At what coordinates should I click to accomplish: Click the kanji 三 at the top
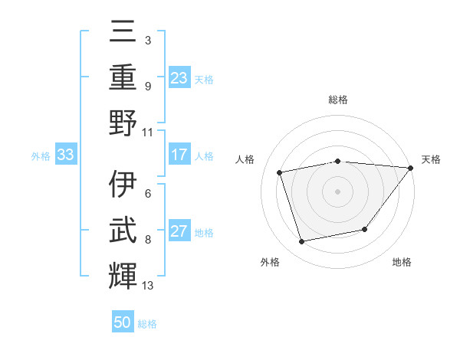(123, 31)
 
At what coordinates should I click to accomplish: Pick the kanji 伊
(123, 185)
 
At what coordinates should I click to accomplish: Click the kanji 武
(123, 231)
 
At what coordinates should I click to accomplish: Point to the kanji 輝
(123, 277)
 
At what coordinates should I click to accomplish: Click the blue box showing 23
(179, 78)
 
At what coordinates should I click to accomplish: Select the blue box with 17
(179, 155)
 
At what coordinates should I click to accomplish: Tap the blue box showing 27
(179, 232)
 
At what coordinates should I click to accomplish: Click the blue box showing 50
(123, 323)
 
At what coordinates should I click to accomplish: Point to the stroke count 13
(148, 286)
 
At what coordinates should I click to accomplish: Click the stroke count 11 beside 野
(148, 132)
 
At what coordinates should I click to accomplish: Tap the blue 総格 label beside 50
(147, 324)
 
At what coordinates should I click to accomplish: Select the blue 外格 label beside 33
(41, 156)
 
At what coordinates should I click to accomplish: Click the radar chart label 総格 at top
(337, 100)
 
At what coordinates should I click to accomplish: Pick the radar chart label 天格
(431, 159)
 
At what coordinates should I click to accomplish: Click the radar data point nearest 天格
(410, 169)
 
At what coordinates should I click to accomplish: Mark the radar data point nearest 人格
(280, 172)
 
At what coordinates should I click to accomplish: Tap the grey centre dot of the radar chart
(337, 191)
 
